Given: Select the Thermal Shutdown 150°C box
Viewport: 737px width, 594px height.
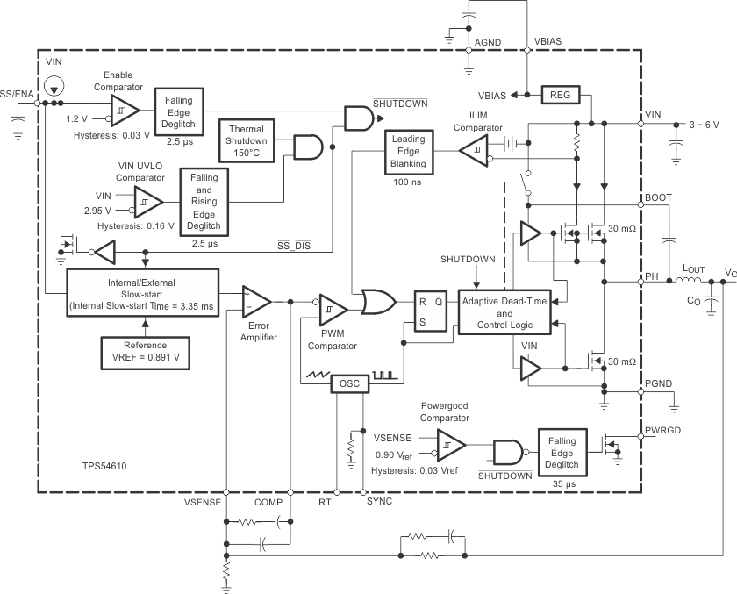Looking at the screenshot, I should click(247, 140).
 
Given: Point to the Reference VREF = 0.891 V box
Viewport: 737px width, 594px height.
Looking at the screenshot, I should click(145, 352).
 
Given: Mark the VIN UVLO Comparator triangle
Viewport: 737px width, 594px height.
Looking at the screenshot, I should click(147, 204).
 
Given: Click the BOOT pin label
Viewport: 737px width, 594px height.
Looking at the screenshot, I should click(657, 197).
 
